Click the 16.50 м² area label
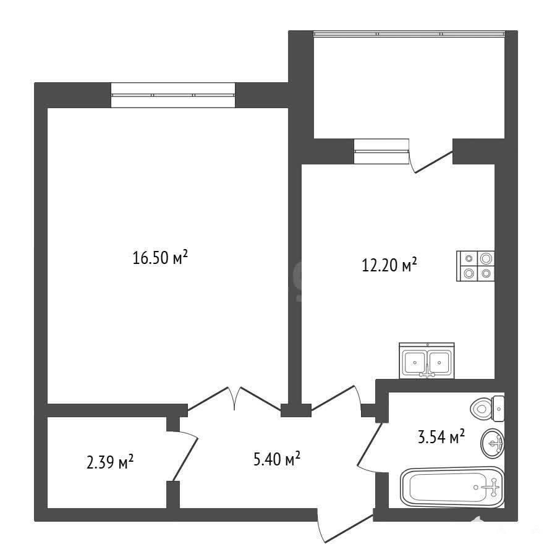pos(160,258)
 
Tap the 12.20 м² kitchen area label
pos(389,265)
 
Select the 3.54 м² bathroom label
pos(441,437)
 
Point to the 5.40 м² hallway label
pos(277,459)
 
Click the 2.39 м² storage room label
pos(110,462)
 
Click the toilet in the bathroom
pos(487,409)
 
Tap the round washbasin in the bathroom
pos(493,443)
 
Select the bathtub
pos(452,487)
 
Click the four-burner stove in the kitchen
pos(475,266)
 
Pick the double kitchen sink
pos(427,361)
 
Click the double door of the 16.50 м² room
pos(234,398)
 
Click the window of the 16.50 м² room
pos(173,95)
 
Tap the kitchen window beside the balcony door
pos(381,151)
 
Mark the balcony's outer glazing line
pos(409,34)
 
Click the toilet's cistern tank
pos(498,409)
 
